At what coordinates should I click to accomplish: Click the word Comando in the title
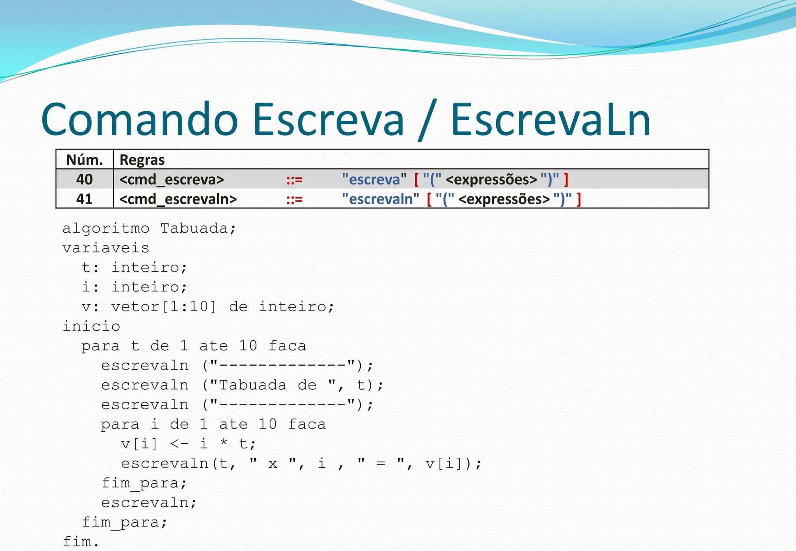coord(139,120)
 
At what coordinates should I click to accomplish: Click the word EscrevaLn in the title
coord(550,120)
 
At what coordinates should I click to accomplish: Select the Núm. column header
coord(84,160)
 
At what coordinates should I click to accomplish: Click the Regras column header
coord(142,160)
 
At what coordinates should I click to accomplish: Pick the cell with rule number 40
coord(84,179)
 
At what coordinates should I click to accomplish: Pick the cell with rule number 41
coord(84,199)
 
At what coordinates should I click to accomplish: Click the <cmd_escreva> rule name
coord(172,180)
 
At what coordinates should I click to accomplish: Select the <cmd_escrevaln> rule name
coord(178,199)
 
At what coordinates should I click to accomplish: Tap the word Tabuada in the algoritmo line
coord(194,228)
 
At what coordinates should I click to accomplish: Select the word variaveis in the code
coord(106,248)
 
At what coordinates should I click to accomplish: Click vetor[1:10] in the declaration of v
coord(163,307)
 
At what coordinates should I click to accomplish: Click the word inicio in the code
coord(91,326)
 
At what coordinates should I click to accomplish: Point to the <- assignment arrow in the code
coord(179,444)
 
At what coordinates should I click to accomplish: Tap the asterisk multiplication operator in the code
coord(224,443)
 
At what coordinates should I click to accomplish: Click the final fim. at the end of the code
coord(81,541)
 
